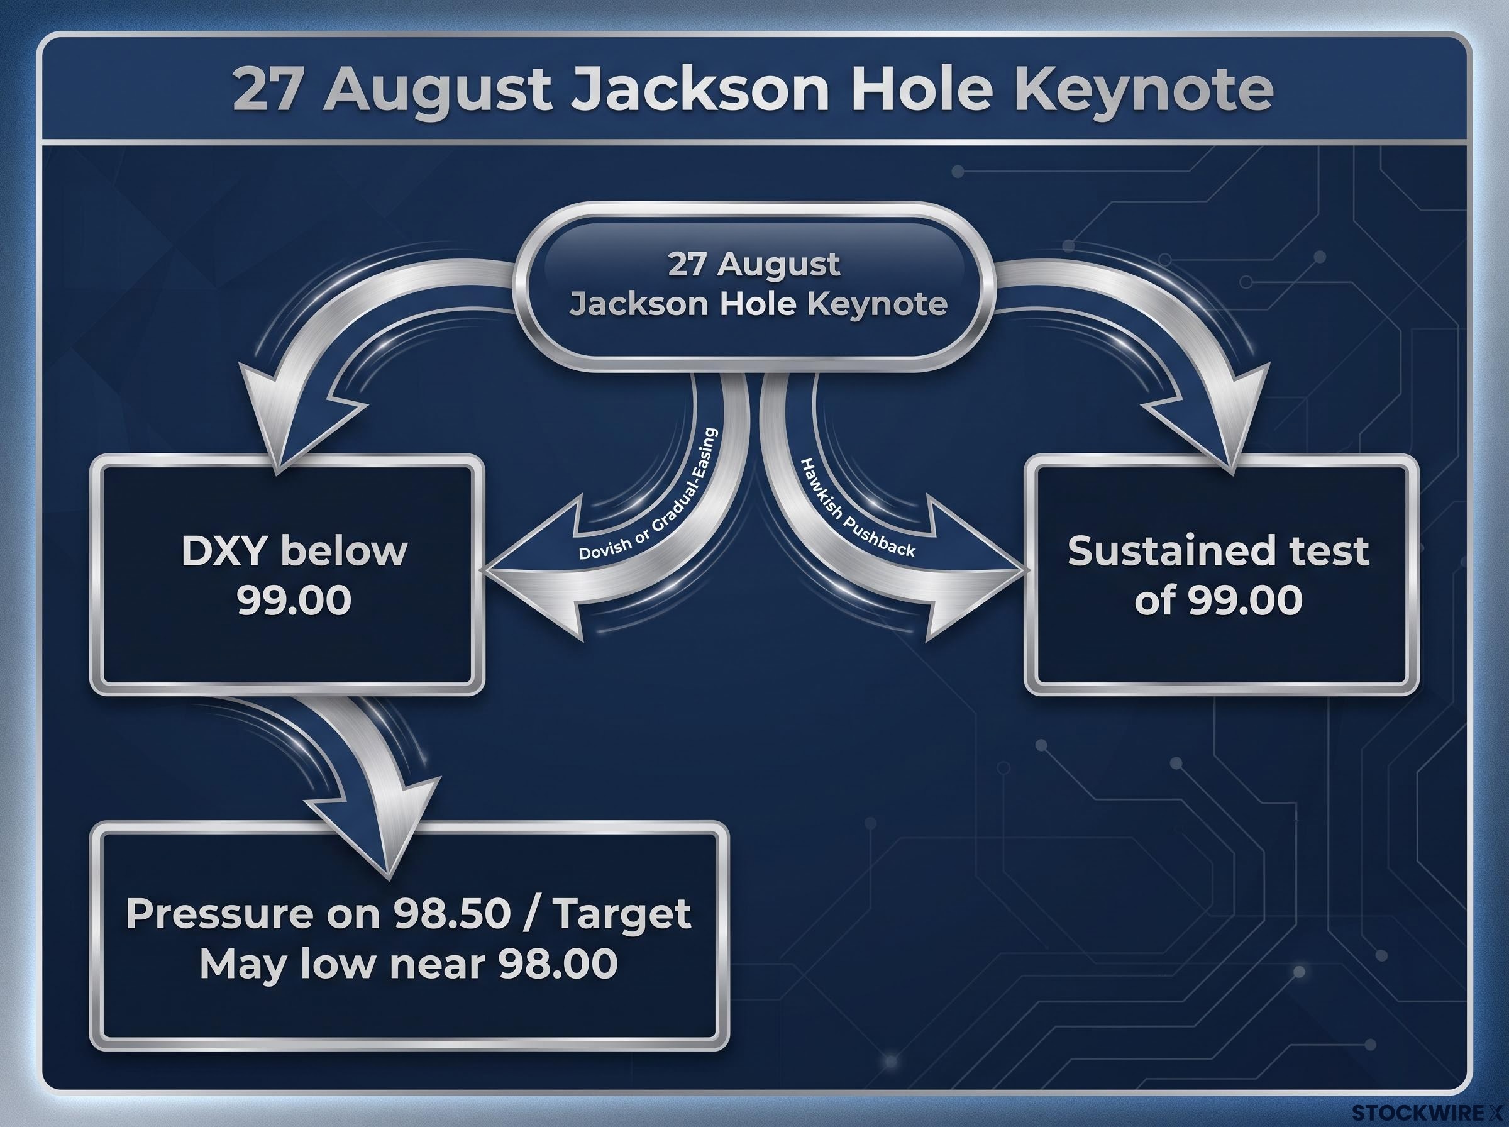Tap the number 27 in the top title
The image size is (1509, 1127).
(267, 89)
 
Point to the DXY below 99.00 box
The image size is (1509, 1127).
(287, 575)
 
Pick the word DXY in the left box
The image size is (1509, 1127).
(223, 550)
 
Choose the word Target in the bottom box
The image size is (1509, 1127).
(622, 914)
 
